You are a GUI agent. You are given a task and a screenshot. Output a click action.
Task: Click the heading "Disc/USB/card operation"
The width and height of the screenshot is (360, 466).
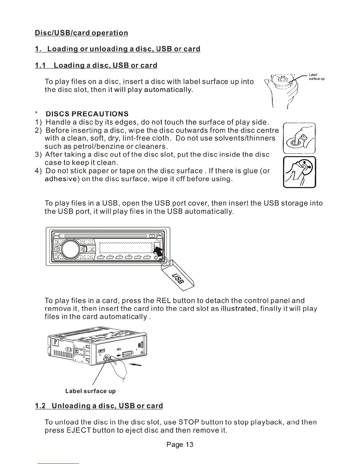pyautogui.click(x=81, y=33)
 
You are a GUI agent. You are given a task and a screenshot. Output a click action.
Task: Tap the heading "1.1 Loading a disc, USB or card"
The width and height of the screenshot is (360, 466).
pyautogui.click(x=96, y=65)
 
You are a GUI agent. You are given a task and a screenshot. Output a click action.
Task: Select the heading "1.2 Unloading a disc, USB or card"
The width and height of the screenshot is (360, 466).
pyautogui.click(x=99, y=406)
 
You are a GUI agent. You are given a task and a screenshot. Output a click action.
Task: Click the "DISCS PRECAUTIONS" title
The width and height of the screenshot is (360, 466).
pyautogui.click(x=87, y=114)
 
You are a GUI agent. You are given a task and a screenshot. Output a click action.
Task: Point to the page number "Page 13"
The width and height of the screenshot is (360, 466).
pyautogui.click(x=180, y=444)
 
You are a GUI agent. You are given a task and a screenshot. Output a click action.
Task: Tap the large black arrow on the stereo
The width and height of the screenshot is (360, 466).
pyautogui.click(x=159, y=252)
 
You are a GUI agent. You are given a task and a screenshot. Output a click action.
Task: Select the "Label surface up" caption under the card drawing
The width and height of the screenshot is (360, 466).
pyautogui.click(x=90, y=391)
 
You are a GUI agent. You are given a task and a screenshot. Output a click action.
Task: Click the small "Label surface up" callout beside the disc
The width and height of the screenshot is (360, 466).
pyautogui.click(x=316, y=77)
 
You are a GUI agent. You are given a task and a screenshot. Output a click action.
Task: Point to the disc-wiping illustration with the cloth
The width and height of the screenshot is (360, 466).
pyautogui.click(x=299, y=138)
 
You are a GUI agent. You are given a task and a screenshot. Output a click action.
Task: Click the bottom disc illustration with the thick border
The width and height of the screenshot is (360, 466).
pyautogui.click(x=299, y=172)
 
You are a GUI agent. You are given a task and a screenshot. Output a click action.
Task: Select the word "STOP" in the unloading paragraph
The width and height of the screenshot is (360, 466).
pyautogui.click(x=189, y=422)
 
